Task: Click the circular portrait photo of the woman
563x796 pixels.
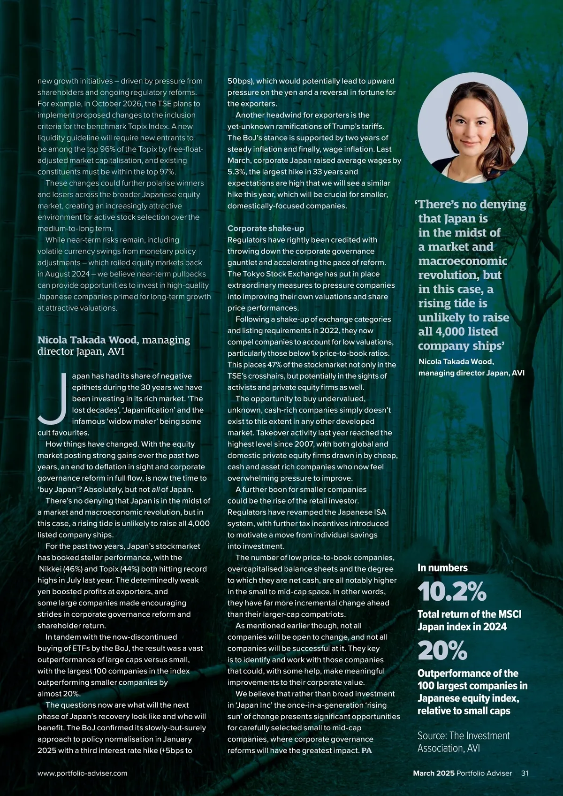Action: click(x=472, y=128)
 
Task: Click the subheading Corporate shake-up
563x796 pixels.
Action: click(x=266, y=229)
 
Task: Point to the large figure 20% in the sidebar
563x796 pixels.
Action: click(x=442, y=651)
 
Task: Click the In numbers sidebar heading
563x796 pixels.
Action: click(x=442, y=568)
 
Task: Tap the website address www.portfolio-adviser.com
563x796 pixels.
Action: click(x=82, y=773)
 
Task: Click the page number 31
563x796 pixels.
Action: click(x=525, y=773)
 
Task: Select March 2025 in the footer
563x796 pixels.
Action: click(x=434, y=773)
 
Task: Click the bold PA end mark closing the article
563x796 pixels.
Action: click(x=366, y=750)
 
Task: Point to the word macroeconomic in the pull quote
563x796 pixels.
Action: click(x=463, y=261)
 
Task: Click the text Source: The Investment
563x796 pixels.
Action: click(x=464, y=735)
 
